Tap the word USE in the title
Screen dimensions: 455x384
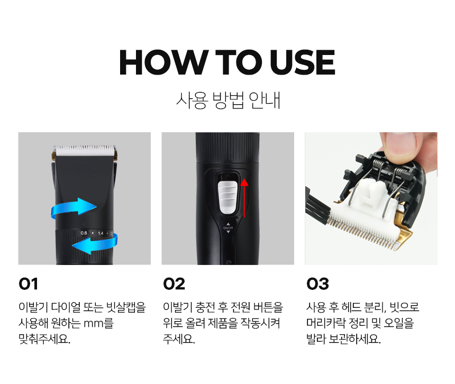303,62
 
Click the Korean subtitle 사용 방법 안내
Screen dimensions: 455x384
228,100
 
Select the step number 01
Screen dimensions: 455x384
28,284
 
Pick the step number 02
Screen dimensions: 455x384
174,284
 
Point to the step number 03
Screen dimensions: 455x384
318,284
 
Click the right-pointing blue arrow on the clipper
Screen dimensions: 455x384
74,209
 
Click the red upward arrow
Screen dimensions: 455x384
244,198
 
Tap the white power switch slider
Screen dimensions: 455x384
228,197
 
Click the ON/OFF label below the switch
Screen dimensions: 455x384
228,228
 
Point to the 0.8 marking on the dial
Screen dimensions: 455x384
84,233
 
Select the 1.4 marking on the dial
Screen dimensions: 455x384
101,233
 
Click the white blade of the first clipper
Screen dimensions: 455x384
85,151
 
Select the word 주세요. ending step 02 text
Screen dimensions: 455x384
179,339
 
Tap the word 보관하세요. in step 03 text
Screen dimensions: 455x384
354,339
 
